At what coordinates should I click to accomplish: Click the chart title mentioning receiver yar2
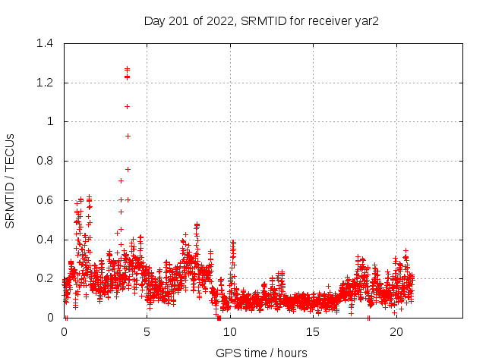point(261,20)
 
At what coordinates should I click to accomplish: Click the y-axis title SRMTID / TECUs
point(11,180)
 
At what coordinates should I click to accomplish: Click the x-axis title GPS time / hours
point(261,353)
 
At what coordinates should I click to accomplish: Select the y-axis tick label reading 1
point(50,121)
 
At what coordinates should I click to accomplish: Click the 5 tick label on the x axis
point(147,331)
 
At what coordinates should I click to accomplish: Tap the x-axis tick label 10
point(230,331)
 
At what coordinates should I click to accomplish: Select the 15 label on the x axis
point(313,331)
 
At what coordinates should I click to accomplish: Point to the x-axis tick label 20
point(396,331)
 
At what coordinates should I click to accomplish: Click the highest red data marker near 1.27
point(128,69)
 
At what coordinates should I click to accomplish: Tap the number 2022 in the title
point(221,20)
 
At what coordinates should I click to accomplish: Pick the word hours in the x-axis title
point(291,353)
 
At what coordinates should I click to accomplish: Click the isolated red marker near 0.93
point(128,136)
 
